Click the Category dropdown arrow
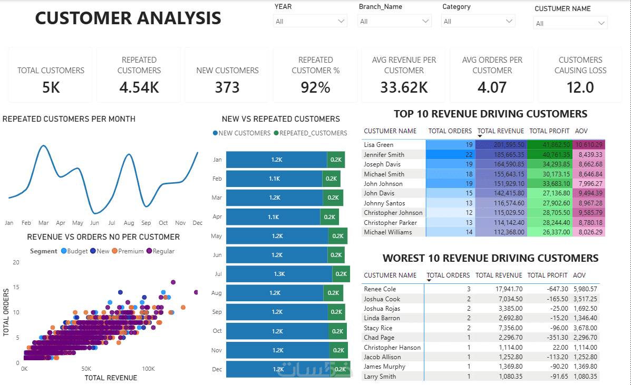coord(509,21)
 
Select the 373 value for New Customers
coord(227,87)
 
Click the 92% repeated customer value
coord(315,87)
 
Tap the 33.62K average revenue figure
coord(404,87)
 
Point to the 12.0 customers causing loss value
coord(580,87)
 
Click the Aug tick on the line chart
coord(129,223)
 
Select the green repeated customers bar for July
coord(341,274)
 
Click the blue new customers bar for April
coord(273,217)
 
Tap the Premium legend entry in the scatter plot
coord(128,251)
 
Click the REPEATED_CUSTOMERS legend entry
coord(310,133)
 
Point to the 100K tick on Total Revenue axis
coord(148,369)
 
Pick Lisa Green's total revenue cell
coord(501,145)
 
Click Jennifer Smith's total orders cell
coord(450,155)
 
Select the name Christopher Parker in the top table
coord(390,223)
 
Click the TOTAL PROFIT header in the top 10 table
coord(549,131)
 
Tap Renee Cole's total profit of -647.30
coord(557,289)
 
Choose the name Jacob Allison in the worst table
coord(382,357)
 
